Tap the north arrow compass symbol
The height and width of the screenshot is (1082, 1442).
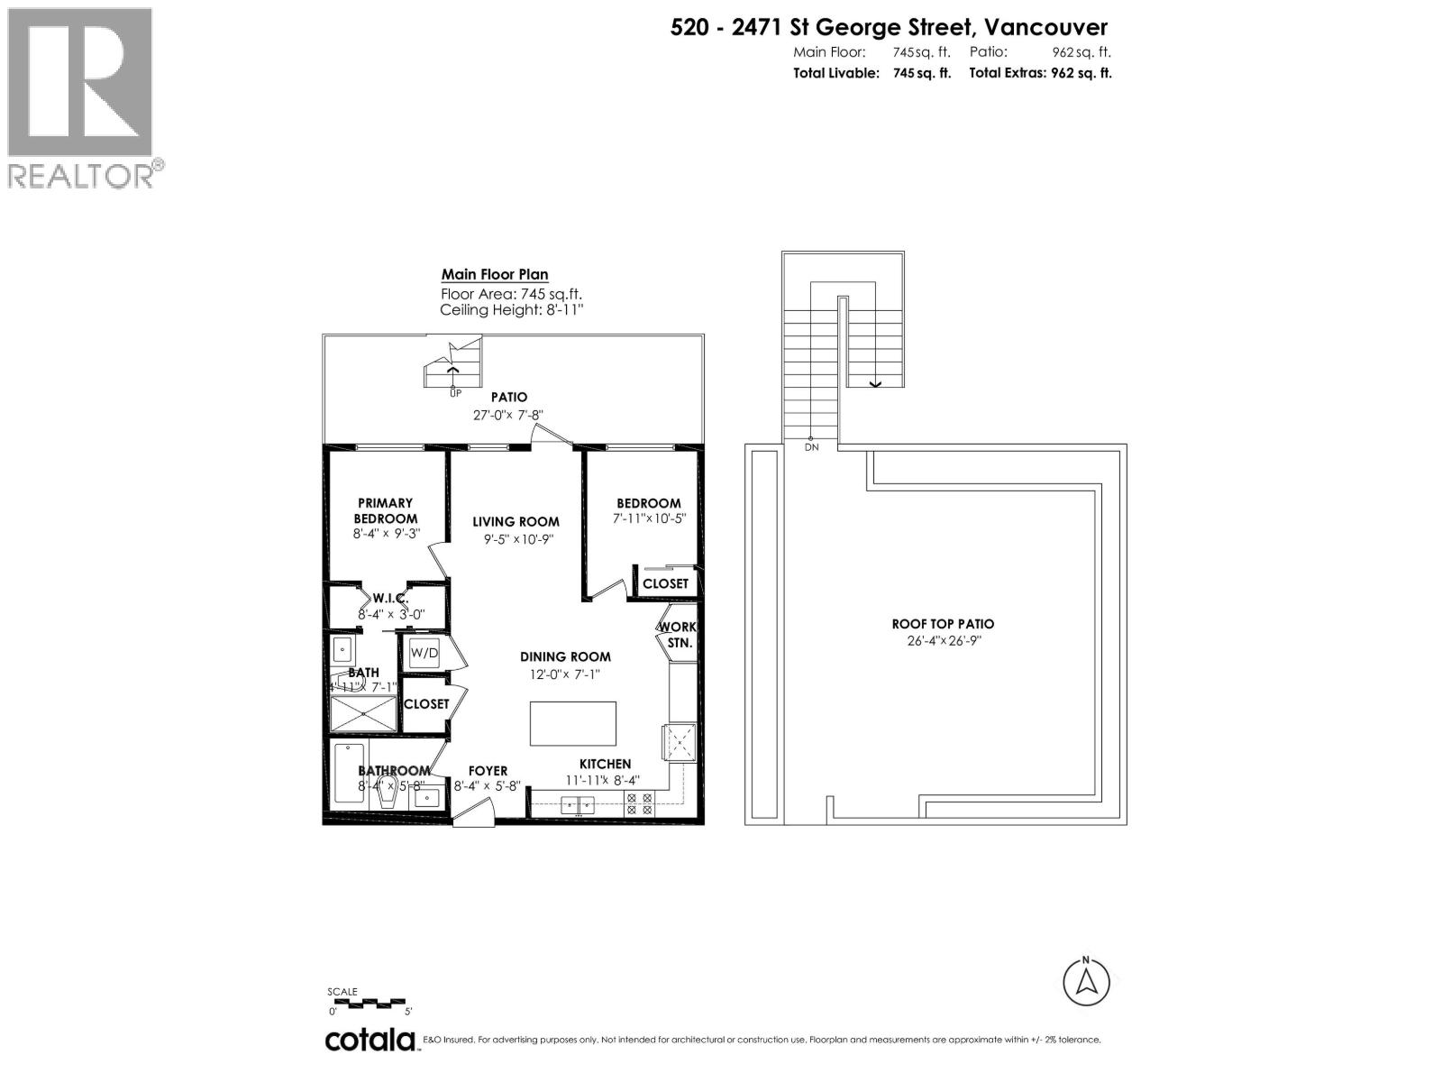1085,982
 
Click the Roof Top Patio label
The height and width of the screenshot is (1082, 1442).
943,624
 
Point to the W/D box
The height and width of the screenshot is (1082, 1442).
424,652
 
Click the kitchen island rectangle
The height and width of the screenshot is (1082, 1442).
572,723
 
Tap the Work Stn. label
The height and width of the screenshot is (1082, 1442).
678,635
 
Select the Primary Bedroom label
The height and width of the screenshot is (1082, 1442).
385,510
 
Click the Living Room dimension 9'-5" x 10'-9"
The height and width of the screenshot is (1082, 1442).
516,539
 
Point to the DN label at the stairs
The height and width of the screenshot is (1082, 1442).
811,447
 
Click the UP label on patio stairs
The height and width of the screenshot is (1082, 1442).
455,392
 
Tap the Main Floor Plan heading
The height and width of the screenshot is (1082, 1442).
494,275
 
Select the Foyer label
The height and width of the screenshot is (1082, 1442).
488,771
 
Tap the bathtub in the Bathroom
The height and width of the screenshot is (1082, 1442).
348,773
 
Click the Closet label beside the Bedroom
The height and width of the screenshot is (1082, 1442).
665,583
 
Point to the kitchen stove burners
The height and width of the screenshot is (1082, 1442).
639,803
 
